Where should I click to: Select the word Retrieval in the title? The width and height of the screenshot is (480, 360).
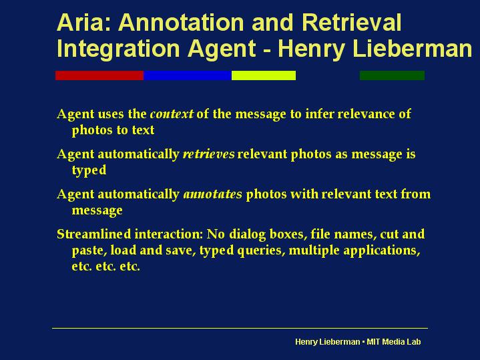351,22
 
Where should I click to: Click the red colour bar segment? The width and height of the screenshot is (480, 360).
99,75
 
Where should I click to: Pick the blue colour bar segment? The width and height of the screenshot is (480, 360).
188,75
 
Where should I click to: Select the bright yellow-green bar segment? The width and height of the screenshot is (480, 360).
264,75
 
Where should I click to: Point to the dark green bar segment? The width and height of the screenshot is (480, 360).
392,75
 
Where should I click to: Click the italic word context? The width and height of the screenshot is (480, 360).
172,114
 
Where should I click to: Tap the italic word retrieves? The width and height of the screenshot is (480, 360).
208,154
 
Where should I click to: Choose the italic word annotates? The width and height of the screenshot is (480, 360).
212,194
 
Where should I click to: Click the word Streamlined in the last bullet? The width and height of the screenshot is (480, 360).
93,234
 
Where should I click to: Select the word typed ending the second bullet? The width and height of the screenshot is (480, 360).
89,170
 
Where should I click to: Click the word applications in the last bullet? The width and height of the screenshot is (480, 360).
382,251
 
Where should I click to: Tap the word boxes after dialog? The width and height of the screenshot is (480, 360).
288,234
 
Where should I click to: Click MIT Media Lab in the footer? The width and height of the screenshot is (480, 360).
394,341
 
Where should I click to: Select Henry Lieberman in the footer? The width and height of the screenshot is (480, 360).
328,342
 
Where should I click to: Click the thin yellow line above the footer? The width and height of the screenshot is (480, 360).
240,328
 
